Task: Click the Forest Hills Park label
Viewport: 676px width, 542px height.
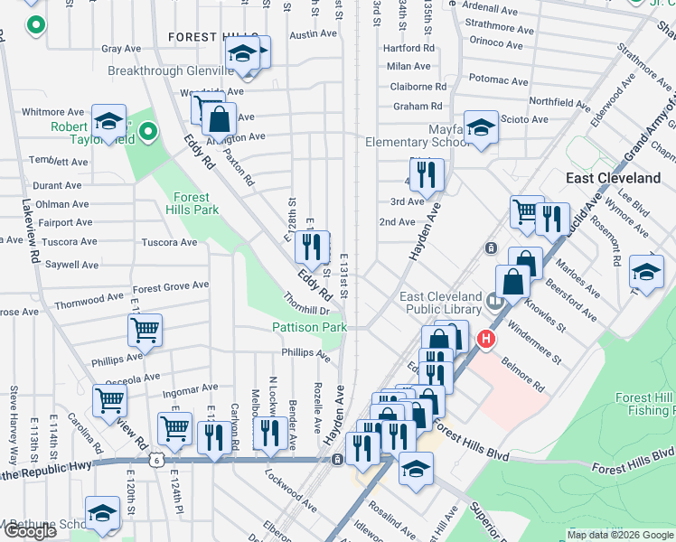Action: click(192, 203)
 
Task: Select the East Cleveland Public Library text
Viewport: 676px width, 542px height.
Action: click(441, 304)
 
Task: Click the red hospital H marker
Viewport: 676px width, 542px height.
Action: click(486, 340)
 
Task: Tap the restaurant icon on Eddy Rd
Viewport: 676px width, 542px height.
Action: click(311, 246)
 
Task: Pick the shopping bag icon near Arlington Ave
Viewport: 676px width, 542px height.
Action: click(219, 117)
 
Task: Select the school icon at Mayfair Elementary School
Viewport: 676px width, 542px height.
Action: click(481, 126)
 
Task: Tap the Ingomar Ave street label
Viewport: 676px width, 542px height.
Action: click(191, 393)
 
